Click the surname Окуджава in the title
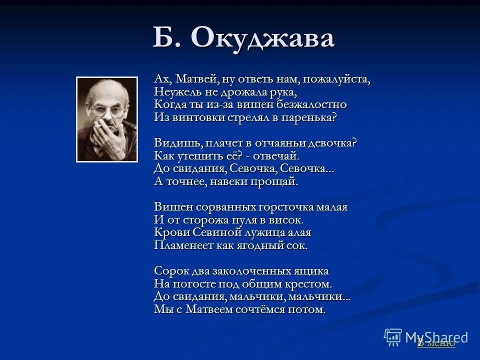tap(263, 38)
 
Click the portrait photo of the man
tap(106, 119)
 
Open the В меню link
tap(436, 342)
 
